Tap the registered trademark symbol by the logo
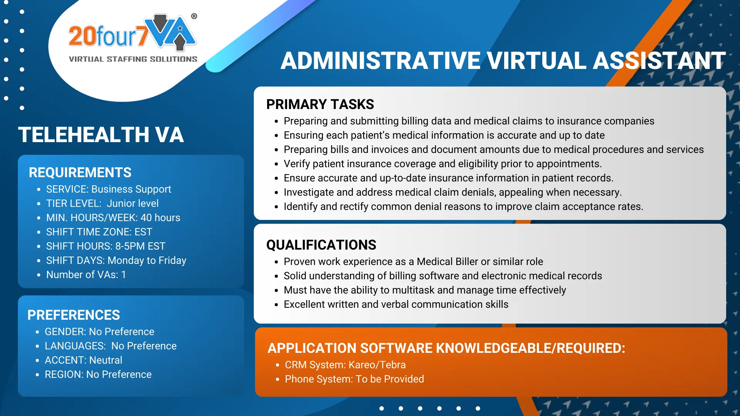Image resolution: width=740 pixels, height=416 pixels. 194,16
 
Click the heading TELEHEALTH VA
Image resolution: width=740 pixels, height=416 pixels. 101,135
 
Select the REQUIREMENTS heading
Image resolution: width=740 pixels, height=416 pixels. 80,173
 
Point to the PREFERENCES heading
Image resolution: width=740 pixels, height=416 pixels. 74,315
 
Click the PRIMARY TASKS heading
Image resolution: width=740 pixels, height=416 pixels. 320,104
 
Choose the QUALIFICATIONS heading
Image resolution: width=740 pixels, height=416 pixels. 321,245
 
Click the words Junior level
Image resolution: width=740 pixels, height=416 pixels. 133,203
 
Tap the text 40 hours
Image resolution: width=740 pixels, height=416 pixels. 160,218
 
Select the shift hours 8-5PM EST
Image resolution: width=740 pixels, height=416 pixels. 140,246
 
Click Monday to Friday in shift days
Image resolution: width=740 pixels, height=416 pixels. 147,261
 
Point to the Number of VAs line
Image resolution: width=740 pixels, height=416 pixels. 86,275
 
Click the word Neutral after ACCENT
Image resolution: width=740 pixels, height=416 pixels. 106,360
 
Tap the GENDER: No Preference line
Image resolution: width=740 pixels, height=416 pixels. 99,332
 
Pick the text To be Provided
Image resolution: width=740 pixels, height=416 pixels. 390,379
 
